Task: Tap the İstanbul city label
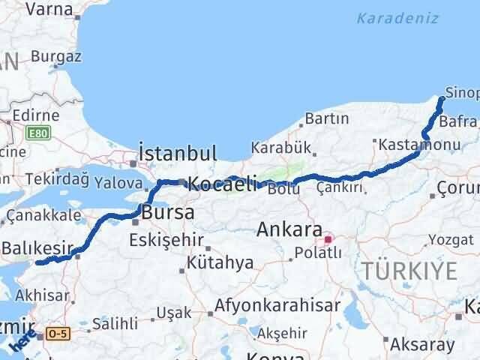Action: pyautogui.click(x=178, y=153)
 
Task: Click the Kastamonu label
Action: pyautogui.click(x=411, y=143)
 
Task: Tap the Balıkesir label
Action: pyautogui.click(x=37, y=247)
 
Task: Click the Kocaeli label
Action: pyautogui.click(x=222, y=183)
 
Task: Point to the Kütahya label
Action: pyautogui.click(x=220, y=263)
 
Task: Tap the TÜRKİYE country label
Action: pyautogui.click(x=409, y=270)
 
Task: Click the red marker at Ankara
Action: pyautogui.click(x=327, y=240)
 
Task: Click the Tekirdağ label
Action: pyautogui.click(x=56, y=179)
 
